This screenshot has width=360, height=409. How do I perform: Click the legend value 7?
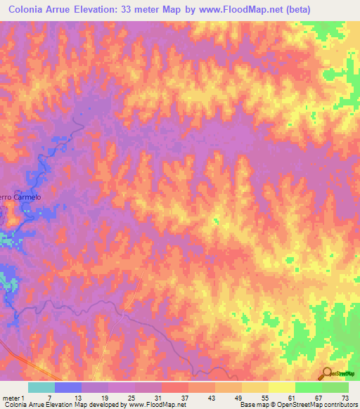[x=49, y=398]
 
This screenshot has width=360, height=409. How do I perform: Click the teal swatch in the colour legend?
[x=41, y=387]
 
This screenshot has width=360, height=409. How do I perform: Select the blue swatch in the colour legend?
[x=68, y=387]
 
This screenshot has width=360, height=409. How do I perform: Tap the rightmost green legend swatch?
[x=335, y=387]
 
